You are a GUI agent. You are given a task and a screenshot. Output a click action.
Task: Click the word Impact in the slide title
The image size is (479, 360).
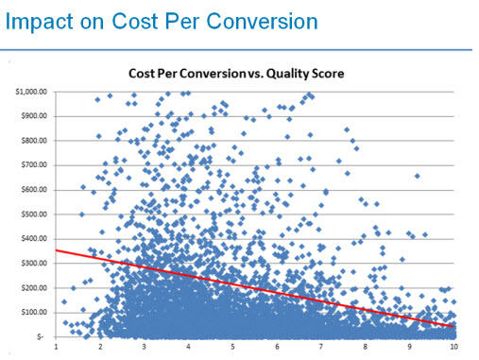click(x=39, y=20)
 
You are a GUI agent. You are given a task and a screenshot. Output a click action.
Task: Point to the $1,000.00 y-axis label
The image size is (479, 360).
click(x=33, y=92)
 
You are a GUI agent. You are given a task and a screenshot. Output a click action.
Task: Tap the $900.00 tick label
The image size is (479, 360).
click(x=35, y=116)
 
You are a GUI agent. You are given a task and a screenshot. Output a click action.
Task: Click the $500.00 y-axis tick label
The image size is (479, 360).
click(x=35, y=214)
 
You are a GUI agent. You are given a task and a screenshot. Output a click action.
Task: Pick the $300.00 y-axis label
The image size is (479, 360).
click(x=35, y=263)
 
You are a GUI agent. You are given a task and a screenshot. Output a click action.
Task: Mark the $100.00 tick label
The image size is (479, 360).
click(x=35, y=312)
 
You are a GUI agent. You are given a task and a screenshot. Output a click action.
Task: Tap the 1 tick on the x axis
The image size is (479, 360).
click(x=57, y=348)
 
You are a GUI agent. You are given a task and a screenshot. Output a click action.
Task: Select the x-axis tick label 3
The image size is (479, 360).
click(x=145, y=348)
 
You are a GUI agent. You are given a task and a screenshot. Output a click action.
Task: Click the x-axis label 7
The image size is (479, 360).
click(x=321, y=348)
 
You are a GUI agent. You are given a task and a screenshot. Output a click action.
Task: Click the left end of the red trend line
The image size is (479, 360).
click(x=58, y=250)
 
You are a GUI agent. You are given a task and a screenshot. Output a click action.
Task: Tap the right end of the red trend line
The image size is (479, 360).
click(x=454, y=326)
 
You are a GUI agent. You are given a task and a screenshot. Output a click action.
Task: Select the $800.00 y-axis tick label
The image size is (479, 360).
click(x=35, y=141)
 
